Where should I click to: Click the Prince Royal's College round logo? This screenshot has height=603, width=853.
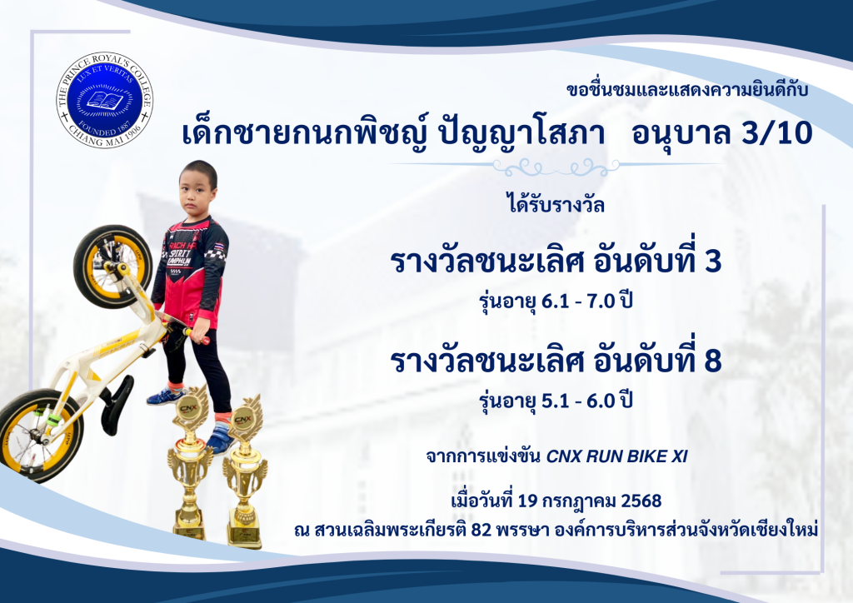click(104, 101)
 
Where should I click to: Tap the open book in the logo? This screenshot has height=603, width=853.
click(105, 100)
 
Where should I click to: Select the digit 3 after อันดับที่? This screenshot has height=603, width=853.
click(712, 261)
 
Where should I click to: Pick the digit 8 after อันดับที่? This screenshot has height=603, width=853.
click(712, 361)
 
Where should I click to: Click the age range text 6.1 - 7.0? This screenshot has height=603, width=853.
click(578, 301)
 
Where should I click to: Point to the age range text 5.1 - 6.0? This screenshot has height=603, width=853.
click(578, 401)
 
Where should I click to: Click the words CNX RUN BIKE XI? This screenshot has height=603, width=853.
click(617, 456)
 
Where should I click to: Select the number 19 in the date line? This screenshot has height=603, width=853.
click(527, 501)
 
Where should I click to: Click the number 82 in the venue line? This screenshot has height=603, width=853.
click(481, 529)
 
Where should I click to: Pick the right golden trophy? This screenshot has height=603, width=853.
click(244, 472)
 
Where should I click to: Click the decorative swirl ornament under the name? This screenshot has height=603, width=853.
click(557, 167)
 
